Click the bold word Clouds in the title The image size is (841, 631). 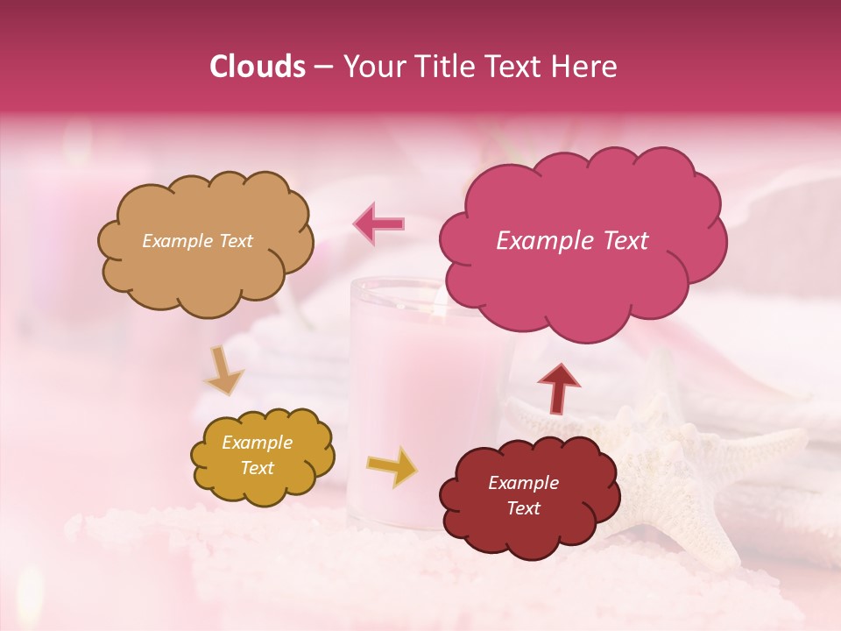(258, 67)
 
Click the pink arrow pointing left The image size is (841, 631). (379, 223)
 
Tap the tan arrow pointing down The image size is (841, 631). (224, 372)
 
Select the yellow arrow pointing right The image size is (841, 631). (392, 466)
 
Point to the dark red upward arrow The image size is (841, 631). (559, 386)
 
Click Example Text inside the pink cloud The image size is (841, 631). (572, 241)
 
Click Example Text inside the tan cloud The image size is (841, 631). (197, 241)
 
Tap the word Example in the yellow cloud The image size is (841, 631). (257, 443)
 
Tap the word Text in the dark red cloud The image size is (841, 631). (524, 508)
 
